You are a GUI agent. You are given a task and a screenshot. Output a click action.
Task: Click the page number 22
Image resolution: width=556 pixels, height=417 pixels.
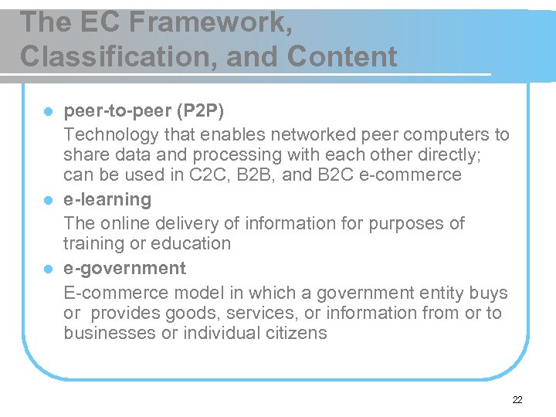[x=517, y=399]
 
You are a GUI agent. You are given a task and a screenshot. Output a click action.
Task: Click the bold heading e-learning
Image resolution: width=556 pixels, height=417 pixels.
[x=107, y=199]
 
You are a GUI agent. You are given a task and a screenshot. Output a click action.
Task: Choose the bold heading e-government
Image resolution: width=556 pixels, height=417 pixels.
[x=124, y=268]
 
